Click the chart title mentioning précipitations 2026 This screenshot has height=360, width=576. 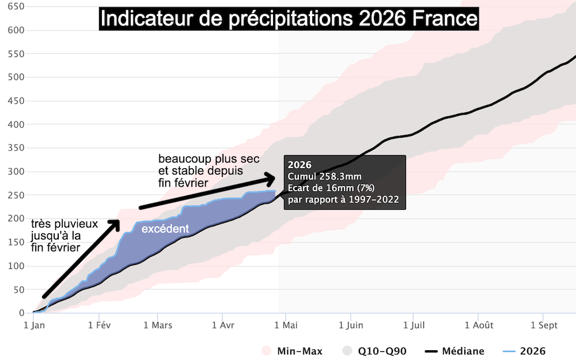[x=289, y=19]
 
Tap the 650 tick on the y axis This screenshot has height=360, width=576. [x=17, y=6]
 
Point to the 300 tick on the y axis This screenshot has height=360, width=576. [x=17, y=172]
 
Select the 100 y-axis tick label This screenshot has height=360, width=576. [x=17, y=266]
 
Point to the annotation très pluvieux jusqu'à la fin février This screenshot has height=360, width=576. [x=63, y=235]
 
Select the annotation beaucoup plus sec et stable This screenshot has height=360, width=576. [x=209, y=170]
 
